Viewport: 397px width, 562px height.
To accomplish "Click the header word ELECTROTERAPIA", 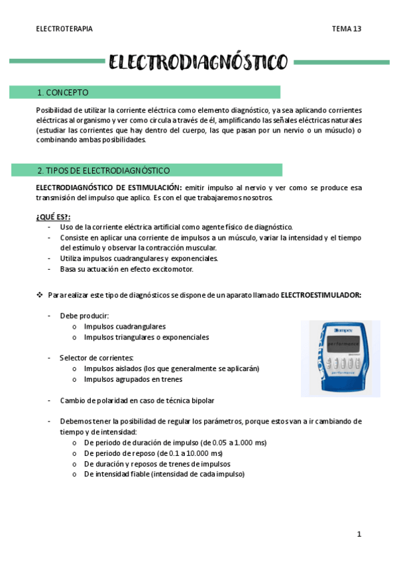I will coord(64,29).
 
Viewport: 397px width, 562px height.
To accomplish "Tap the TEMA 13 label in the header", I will coord(347,29).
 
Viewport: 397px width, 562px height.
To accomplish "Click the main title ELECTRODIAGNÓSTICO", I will coord(198,63).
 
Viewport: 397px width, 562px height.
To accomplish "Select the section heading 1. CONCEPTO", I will coord(63,93).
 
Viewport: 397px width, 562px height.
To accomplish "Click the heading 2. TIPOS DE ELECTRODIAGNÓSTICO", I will coord(103,170).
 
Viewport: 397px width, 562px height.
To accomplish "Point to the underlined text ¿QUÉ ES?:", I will coord(53,217).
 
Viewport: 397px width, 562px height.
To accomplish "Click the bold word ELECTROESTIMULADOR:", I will coord(321,294).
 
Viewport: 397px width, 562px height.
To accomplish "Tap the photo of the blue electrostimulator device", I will coord(340,359).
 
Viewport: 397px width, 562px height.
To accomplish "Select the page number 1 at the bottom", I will coord(359,534).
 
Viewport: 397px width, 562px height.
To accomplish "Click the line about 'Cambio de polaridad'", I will coord(137,400).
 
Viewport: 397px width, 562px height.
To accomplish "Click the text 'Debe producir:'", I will coord(84,316).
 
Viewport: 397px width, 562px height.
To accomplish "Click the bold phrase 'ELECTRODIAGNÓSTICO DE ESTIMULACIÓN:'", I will coord(109,188).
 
